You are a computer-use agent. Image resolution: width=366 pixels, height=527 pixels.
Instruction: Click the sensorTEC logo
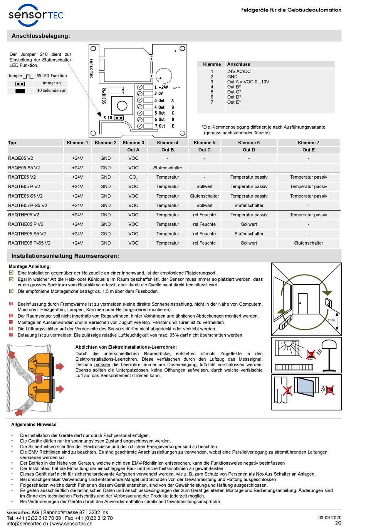pyautogui.click(x=35, y=15)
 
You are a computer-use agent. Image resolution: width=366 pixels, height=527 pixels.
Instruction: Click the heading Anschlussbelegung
pyautogui.click(x=40, y=36)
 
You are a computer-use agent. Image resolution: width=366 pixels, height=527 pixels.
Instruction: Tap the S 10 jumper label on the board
pyautogui.click(x=107, y=118)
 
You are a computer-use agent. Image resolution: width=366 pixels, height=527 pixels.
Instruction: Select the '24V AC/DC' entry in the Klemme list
pyautogui.click(x=238, y=71)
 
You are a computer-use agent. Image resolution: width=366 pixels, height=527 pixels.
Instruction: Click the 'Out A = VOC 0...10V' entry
pyautogui.click(x=248, y=82)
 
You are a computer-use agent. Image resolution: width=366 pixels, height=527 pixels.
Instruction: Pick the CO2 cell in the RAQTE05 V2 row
pyautogui.click(x=133, y=177)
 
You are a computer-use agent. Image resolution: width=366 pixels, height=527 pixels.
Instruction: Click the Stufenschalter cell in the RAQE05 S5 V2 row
pyautogui.click(x=168, y=168)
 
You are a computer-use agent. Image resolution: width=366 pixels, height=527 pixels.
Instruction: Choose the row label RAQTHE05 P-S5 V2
pyautogui.click(x=29, y=243)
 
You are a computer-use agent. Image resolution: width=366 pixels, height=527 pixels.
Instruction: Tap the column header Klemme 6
pyautogui.click(x=249, y=142)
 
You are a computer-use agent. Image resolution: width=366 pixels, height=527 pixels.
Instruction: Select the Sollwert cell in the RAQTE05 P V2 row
pyautogui.click(x=204, y=186)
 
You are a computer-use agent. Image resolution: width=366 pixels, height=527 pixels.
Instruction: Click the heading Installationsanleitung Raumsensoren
pyautogui.click(x=65, y=256)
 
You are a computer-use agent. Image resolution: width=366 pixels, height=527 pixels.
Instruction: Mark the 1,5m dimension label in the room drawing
pyautogui.click(x=331, y=320)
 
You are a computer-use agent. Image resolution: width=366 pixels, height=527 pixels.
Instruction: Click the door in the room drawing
pyautogui.click(x=302, y=304)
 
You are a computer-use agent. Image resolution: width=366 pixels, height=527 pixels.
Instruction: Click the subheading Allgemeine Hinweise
pyautogui.click(x=34, y=425)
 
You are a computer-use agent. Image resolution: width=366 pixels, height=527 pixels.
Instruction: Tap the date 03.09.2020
pyautogui.click(x=330, y=518)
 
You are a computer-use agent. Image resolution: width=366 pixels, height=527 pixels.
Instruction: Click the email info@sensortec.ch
pyautogui.click(x=27, y=524)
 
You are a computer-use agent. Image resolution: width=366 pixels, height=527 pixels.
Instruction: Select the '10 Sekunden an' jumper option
pyautogui.click(x=52, y=90)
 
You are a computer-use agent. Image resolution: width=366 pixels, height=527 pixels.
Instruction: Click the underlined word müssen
pyautogui.click(x=102, y=365)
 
